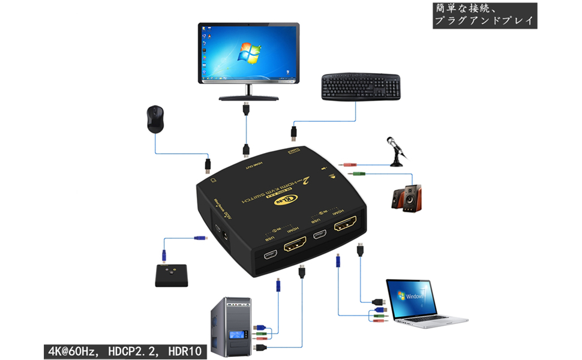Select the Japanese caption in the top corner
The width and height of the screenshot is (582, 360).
click(x=484, y=15)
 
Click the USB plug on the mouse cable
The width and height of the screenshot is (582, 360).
click(x=208, y=163)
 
